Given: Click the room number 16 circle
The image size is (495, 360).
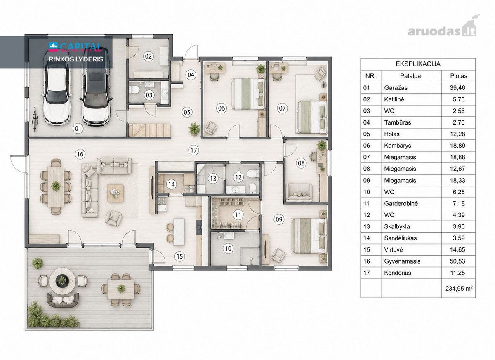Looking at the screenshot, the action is (x=80, y=154).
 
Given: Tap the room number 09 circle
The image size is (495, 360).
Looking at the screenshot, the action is (x=279, y=219).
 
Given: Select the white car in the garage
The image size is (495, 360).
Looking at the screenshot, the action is (x=57, y=88).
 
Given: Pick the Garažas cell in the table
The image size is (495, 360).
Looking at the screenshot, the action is (x=412, y=88).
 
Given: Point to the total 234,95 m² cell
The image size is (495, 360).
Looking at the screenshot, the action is (x=459, y=288).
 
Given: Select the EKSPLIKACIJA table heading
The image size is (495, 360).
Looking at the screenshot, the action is (x=418, y=64).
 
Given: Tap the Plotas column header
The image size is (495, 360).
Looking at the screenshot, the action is (x=459, y=76).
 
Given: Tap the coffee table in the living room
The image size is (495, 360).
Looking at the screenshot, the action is (x=115, y=193).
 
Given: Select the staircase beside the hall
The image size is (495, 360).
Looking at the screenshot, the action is (x=150, y=130).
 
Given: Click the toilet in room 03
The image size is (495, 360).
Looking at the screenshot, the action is (x=134, y=90).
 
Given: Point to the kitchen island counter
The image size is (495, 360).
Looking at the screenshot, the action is (x=179, y=232).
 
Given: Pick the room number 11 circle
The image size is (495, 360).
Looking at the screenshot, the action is (x=238, y=215).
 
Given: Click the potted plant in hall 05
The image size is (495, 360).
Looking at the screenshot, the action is (x=194, y=129).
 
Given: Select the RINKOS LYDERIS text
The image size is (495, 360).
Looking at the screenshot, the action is (x=76, y=59).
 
